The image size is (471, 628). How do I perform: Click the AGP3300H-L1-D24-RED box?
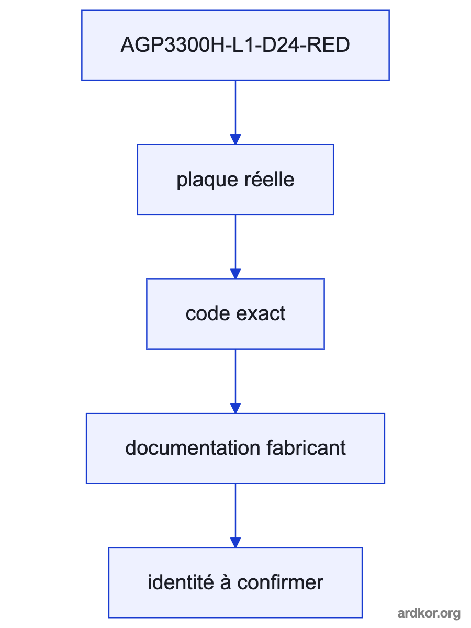coord(235,45)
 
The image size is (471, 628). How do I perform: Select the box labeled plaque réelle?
coord(235,180)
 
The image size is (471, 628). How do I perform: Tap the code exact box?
coord(235,314)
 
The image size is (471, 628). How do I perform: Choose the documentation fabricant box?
coord(235,448)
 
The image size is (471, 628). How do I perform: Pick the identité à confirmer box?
coord(235,583)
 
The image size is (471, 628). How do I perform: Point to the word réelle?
coord(270,180)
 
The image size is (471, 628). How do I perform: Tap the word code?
coord(208,313)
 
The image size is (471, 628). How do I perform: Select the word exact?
coord(261,314)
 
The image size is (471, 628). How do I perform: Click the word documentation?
coord(193,448)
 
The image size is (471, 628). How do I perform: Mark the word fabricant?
coord(306,448)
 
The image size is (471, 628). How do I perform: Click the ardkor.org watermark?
coord(429,613)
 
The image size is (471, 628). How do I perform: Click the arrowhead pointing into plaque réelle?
coord(235,139)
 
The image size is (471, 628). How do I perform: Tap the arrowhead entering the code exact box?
coord(235,274)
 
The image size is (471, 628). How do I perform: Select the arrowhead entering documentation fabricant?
coord(235,408)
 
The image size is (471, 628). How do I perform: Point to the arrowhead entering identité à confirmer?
coord(235,543)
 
